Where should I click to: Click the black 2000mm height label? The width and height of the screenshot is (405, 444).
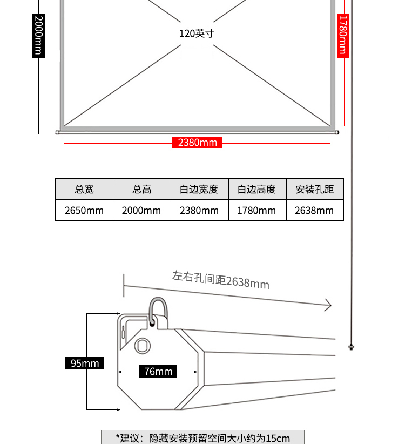point(38,36)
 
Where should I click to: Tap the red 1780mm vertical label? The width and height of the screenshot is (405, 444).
point(343,36)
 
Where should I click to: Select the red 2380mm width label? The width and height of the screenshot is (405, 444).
point(197,143)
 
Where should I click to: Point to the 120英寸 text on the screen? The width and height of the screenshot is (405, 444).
point(197,33)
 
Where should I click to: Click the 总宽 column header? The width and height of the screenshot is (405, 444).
point(84,189)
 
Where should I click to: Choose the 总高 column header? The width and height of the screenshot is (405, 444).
point(142,189)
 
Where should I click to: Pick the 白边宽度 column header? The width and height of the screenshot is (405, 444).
point(199,189)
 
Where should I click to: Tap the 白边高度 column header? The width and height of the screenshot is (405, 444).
point(257,189)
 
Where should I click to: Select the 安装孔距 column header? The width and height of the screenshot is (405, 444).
point(315,189)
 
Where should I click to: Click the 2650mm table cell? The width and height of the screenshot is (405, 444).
point(84,211)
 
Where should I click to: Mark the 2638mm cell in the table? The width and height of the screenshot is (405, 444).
point(315,211)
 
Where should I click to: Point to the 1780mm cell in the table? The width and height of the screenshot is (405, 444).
point(257,211)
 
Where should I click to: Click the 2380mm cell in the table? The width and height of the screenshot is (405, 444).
point(199,211)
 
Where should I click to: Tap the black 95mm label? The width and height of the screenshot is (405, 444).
point(84,364)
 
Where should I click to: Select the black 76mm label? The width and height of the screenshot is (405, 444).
point(158,372)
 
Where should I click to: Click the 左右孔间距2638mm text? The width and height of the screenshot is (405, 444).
point(221,280)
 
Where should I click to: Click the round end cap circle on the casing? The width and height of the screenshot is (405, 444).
point(143,346)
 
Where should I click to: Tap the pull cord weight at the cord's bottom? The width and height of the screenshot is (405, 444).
point(351,347)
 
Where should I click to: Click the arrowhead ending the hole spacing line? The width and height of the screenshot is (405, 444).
point(329,305)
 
